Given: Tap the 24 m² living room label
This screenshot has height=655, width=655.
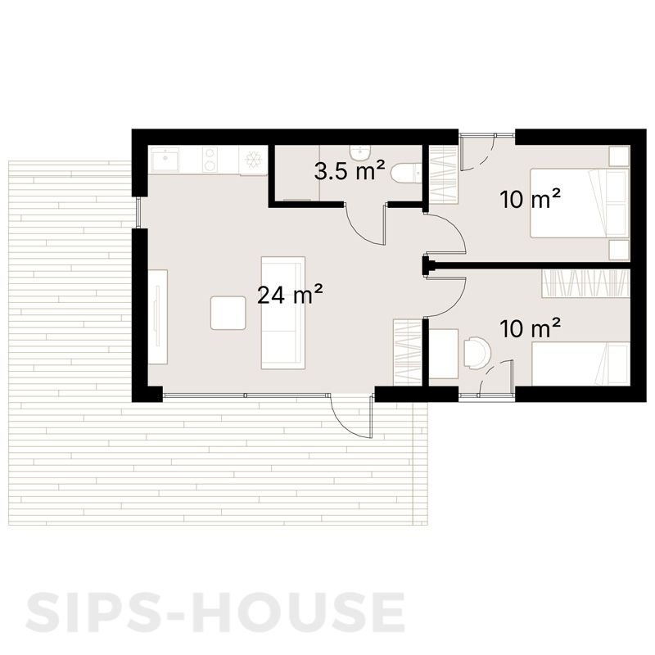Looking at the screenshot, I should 289,295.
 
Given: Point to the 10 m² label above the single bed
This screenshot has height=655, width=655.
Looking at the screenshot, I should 530,329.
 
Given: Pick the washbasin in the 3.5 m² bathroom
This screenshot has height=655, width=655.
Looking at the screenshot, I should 359,152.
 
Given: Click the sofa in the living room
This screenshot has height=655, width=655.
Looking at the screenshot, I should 282,313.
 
